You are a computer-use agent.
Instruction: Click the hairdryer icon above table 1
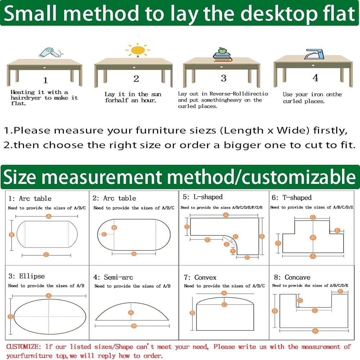click(x=50, y=53)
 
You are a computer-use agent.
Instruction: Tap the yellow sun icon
click(x=138, y=50)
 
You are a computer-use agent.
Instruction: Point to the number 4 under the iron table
click(x=315, y=78)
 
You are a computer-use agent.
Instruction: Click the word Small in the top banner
click(x=30, y=13)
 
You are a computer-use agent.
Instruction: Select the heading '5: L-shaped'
click(x=203, y=197)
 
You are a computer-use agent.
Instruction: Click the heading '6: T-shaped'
click(x=292, y=197)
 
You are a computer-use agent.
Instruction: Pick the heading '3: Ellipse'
click(x=26, y=276)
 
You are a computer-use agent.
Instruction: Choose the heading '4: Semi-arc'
click(x=113, y=277)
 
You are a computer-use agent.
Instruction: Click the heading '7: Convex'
click(x=200, y=277)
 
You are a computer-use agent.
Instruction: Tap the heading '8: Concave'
click(x=292, y=277)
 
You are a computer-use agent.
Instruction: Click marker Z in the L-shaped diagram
click(x=226, y=244)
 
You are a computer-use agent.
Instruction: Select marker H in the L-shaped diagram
click(x=235, y=236)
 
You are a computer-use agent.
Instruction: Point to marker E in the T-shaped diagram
click(x=337, y=230)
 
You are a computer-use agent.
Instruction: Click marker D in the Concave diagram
click(x=300, y=300)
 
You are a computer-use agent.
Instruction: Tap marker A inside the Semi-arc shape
click(x=131, y=312)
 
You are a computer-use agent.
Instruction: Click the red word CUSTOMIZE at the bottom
click(x=24, y=347)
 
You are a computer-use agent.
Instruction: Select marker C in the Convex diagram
click(x=224, y=305)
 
